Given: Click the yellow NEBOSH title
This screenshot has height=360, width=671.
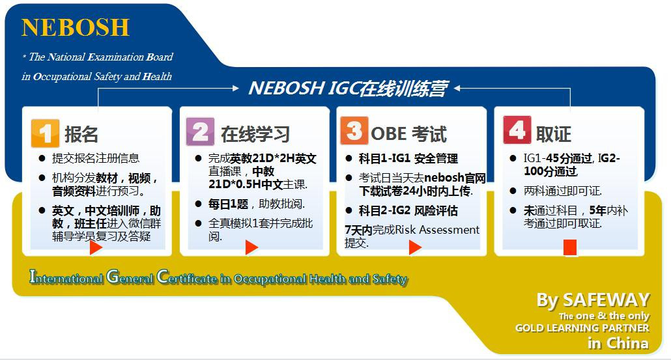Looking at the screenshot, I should coord(76,27).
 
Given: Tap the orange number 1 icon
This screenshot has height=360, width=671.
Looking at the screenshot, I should coord(46,133).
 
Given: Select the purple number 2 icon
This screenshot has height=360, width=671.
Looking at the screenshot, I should coord(201,132).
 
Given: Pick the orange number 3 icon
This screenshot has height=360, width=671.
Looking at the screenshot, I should coord(354,132).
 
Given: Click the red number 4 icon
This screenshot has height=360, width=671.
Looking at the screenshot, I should coord(517,131).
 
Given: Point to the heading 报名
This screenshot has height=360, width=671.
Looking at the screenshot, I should coord(82,134).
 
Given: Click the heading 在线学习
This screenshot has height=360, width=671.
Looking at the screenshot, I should coord(255,134).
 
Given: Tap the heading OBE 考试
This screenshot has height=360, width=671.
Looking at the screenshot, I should coord(409,134).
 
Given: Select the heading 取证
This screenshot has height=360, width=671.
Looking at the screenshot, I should coord(554,134).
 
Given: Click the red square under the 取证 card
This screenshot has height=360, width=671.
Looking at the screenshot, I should coord(570,247).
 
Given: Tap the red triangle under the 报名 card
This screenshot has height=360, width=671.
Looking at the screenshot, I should coord(96,247).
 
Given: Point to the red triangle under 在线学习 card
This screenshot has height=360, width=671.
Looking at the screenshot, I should coord(251,247).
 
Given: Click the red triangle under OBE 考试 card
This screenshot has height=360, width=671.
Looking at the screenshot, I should coord(415,247).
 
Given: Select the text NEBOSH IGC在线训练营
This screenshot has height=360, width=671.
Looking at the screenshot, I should coord(348,89).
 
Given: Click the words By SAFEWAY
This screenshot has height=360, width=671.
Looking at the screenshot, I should coord(593,300).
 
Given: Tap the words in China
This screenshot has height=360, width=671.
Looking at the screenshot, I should coord(618,343).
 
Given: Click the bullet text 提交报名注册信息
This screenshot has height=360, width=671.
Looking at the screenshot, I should coord(96,158).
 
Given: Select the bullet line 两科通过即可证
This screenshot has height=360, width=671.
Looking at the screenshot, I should coord(563,191).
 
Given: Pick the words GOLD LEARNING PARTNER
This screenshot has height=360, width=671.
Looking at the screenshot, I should coord(582,328).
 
